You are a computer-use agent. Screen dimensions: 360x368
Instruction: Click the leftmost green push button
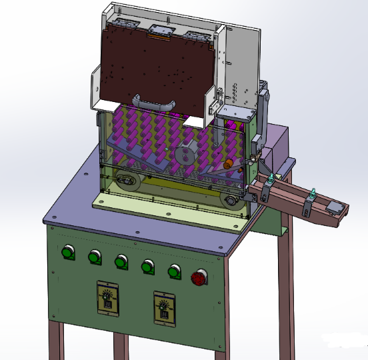(x=67, y=252)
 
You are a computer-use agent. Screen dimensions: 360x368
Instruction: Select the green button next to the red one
(x=174, y=270)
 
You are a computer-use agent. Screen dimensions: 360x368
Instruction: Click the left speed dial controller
(x=107, y=297)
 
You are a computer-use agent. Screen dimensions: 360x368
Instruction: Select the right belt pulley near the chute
(x=231, y=199)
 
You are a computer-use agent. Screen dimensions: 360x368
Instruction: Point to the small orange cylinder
(x=229, y=163)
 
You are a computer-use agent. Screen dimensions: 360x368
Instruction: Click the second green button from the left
(x=94, y=256)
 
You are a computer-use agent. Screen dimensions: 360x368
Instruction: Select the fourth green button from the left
(x=147, y=266)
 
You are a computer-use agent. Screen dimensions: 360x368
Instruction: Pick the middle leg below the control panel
(x=120, y=347)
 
